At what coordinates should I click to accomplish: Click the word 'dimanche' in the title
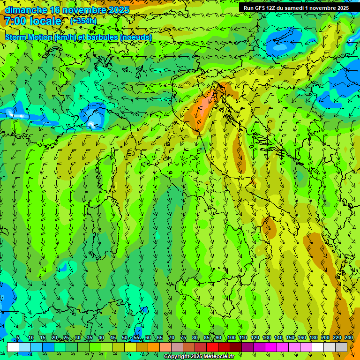point(26,10)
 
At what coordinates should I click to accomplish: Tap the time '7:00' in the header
point(15,21)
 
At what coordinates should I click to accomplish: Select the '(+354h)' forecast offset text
point(83,21)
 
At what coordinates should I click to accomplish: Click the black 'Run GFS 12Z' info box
point(296,8)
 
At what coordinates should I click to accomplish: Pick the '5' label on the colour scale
point(18,338)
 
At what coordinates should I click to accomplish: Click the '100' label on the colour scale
point(231,338)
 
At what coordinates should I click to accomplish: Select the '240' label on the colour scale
point(348,338)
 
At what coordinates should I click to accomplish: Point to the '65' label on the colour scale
point(160,338)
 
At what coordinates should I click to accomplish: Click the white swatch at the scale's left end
point(13,347)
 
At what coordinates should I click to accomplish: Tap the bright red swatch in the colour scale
point(212,347)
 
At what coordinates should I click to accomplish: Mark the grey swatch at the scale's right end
point(341,347)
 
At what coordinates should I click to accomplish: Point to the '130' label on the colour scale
point(266,338)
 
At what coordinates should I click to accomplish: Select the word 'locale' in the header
point(45,21)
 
